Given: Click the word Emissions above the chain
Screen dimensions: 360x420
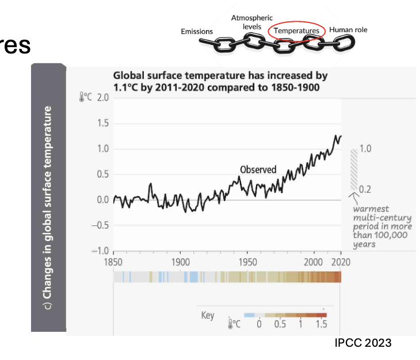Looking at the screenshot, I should pyautogui.click(x=197, y=31).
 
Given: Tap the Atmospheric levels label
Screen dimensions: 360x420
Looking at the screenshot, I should pyautogui.click(x=251, y=22).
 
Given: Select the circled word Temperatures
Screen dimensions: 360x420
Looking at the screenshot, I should pyautogui.click(x=296, y=30).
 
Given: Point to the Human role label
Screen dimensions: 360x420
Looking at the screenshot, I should pyautogui.click(x=348, y=29).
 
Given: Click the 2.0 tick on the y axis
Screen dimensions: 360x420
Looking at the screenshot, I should pyautogui.click(x=102, y=97).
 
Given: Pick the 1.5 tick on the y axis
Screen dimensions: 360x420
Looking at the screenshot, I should pyautogui.click(x=102, y=123).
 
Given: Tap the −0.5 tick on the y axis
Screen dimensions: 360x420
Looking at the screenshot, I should pyautogui.click(x=101, y=225).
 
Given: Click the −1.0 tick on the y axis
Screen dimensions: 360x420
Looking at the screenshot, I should pyautogui.click(x=101, y=251).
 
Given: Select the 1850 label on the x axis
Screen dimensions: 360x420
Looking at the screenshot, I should pyautogui.click(x=113, y=262).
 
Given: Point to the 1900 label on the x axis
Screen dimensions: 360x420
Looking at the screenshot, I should pyautogui.click(x=180, y=262).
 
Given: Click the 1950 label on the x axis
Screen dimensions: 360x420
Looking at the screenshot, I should pyautogui.click(x=247, y=262).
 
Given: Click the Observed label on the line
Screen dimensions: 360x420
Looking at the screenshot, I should pyautogui.click(x=258, y=170).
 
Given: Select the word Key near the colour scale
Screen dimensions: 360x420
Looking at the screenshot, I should pyautogui.click(x=207, y=315).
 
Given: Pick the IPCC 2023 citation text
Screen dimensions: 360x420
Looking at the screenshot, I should pyautogui.click(x=362, y=343).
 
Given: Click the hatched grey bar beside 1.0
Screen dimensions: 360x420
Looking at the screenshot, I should pyautogui.click(x=354, y=169).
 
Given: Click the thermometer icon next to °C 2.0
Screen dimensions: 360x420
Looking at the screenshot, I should pyautogui.click(x=82, y=98).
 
